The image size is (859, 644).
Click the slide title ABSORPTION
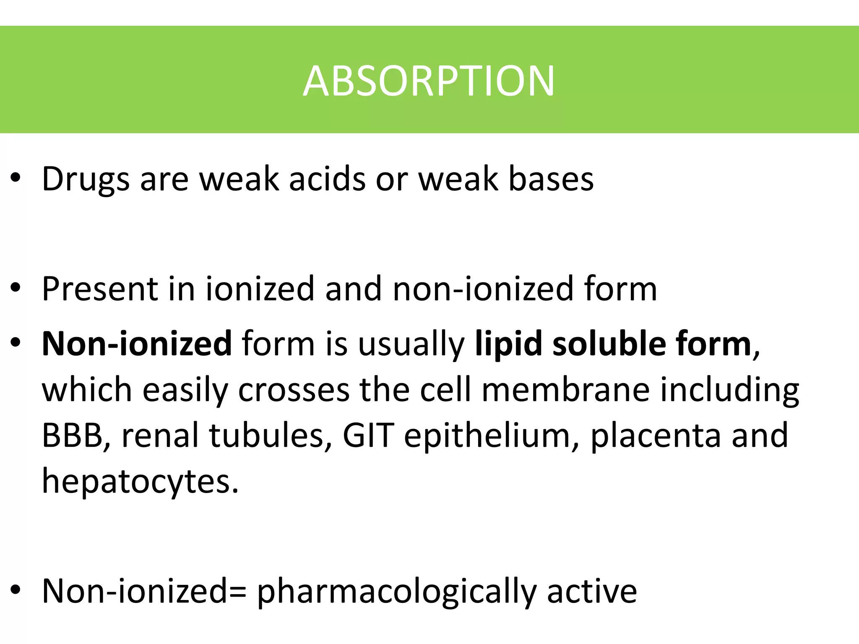pos(429,81)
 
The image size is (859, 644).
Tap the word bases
pos(551,179)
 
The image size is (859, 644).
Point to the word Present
pos(100,289)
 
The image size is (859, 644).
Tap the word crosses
pos(294,390)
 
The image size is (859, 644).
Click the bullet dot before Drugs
pos(16,179)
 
